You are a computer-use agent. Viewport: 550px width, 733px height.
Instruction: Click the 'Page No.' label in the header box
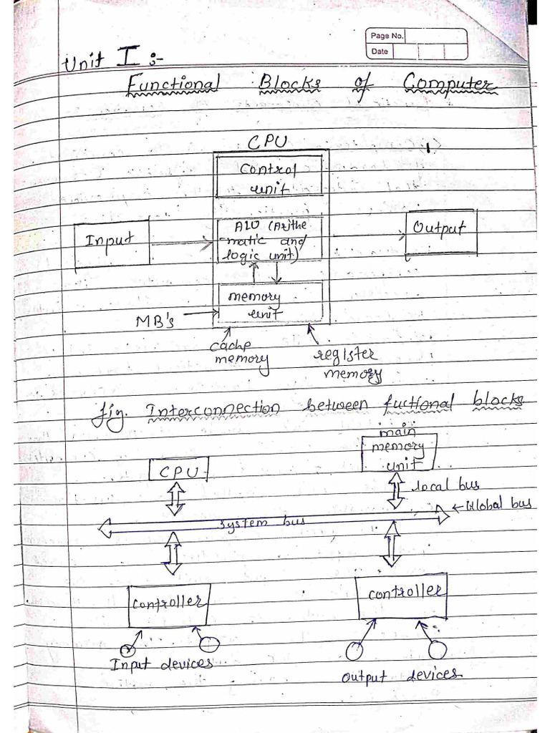(386, 36)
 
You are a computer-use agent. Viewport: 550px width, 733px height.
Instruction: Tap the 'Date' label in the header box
(380, 52)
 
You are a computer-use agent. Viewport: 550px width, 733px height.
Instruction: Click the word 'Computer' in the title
(449, 86)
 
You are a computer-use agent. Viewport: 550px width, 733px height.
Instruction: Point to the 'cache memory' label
(239, 352)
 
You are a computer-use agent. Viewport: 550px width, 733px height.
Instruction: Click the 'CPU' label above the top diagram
(266, 142)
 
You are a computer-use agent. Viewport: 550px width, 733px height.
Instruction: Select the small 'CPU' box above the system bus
(179, 470)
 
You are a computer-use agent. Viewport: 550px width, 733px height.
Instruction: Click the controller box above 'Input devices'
(168, 603)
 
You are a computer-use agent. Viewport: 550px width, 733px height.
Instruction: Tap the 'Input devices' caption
(161, 664)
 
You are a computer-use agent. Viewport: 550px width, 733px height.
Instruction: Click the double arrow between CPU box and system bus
(175, 498)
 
